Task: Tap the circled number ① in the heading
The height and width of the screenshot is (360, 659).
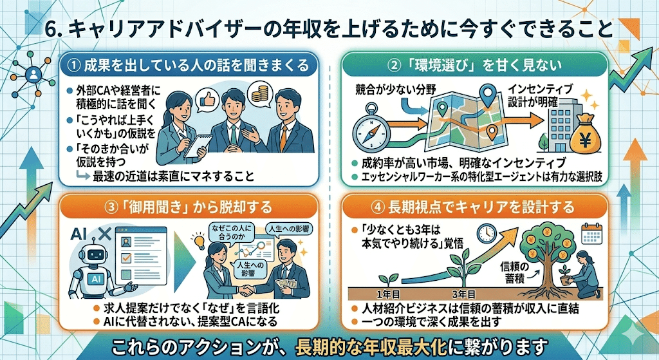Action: [74, 64]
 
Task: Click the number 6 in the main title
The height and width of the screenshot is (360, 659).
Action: [55, 30]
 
